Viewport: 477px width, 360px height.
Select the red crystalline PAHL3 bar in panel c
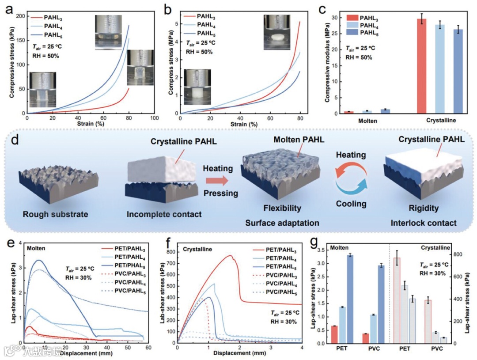pyautogui.click(x=422, y=66)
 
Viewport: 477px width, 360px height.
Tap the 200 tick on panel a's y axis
pyautogui.click(x=20, y=16)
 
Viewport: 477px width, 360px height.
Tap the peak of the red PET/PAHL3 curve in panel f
pyautogui.click(x=230, y=255)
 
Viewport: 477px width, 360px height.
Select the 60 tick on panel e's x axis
pyautogui.click(x=148, y=348)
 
